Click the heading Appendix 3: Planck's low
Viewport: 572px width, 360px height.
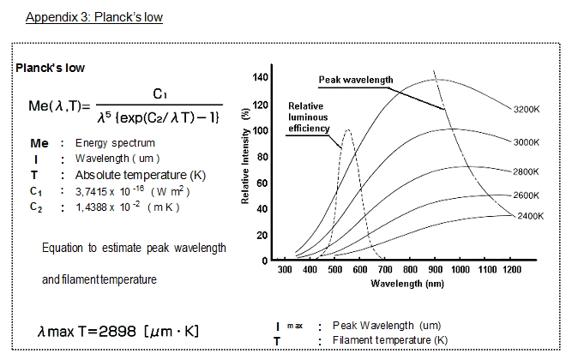click(94, 17)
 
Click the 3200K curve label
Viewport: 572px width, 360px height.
click(526, 111)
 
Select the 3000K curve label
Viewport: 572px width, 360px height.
click(526, 142)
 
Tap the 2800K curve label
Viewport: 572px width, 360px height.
click(526, 171)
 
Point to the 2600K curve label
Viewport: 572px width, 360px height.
click(526, 195)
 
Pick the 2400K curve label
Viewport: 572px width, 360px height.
click(530, 216)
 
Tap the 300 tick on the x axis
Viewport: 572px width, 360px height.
click(285, 270)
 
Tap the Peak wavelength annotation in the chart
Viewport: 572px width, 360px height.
click(356, 80)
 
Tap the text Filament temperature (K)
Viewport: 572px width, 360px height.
click(389, 340)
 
